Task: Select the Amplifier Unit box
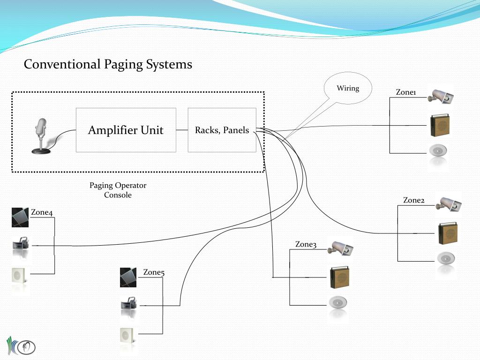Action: [126, 130]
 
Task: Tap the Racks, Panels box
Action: [222, 130]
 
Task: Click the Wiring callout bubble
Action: [348, 88]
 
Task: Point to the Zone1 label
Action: [406, 92]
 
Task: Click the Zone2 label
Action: [413, 200]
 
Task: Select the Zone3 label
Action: [306, 244]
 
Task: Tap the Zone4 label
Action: [42, 212]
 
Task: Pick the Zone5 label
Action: [154, 272]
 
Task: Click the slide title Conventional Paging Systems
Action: [108, 64]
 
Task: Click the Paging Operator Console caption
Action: [118, 190]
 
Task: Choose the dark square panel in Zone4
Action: [20, 217]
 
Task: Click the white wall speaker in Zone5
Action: [127, 335]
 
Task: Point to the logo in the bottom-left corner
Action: [21, 346]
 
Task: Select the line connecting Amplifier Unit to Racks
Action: [182, 130]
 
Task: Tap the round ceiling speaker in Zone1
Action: [439, 151]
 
